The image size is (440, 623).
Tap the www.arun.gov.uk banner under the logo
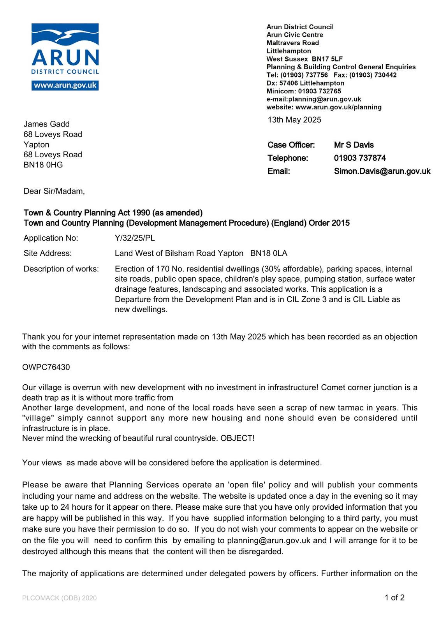point(65,85)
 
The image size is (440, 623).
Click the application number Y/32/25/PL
point(135,238)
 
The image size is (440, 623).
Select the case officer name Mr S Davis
point(354,145)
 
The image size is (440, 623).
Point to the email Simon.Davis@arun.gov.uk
point(382,171)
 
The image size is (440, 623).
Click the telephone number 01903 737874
point(360,158)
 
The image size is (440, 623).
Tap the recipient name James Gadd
point(46,124)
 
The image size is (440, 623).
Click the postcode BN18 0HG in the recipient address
point(43,165)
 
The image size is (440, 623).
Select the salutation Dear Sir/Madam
point(54,191)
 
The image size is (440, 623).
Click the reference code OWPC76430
point(46,367)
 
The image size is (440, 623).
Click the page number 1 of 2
point(394,598)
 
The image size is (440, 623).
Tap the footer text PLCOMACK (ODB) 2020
point(59,598)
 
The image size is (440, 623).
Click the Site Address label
point(48,253)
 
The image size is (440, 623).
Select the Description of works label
point(61,269)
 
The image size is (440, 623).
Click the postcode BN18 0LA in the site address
point(269,253)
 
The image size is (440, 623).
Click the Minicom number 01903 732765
point(319,91)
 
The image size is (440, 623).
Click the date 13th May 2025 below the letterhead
point(294,120)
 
